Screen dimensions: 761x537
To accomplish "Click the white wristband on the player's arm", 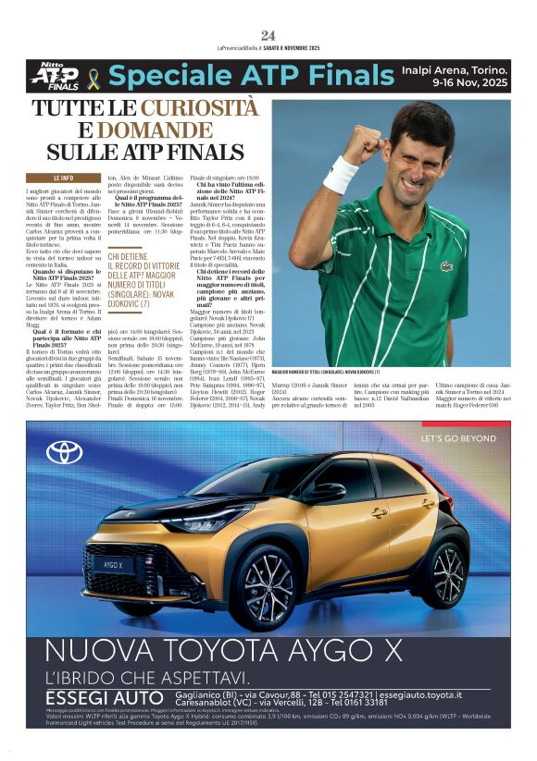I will point(340,174).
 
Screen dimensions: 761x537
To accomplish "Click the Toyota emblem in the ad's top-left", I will point(65,451).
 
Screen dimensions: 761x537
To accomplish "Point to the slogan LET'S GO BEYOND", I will point(459,437).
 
